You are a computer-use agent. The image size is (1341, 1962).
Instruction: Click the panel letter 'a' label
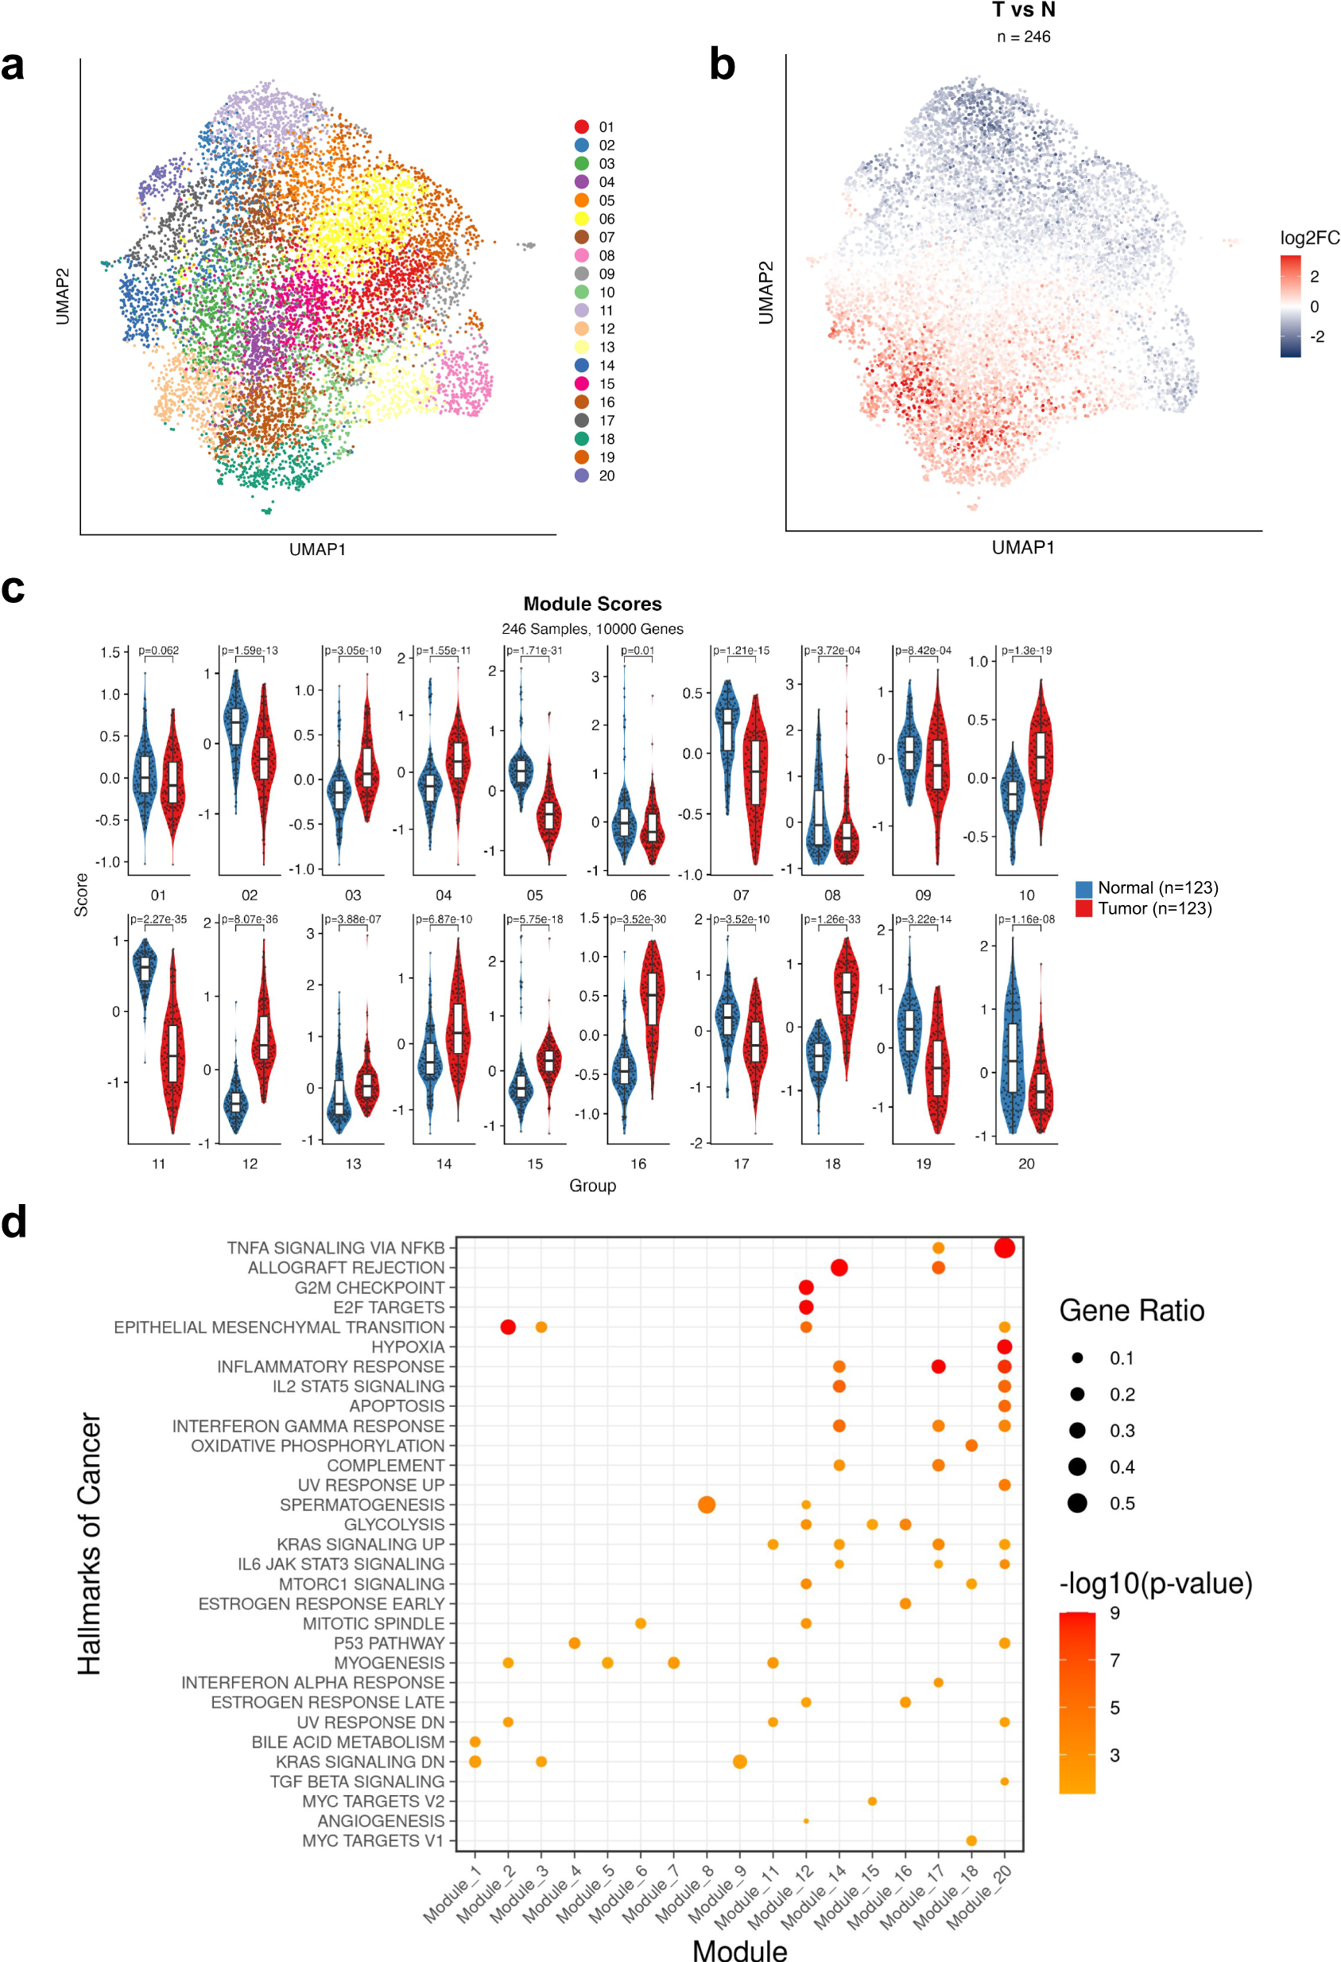13,66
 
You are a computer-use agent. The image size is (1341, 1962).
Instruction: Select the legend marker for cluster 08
581,255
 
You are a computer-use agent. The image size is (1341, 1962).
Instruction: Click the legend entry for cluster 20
595,476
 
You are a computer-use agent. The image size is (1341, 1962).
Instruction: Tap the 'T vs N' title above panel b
1023,10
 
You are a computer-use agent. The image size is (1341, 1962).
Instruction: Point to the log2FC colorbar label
1309,238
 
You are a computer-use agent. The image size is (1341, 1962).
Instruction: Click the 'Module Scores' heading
591,604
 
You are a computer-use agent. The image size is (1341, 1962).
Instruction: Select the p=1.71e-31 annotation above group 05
534,650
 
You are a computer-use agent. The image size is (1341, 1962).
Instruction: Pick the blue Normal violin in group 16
625,1068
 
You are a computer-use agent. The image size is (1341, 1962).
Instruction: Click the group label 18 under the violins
832,1164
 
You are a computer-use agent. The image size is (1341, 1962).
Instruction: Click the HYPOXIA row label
408,1346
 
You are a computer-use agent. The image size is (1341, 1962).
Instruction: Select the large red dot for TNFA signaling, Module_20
1003,1248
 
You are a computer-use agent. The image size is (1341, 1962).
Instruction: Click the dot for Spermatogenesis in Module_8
707,1505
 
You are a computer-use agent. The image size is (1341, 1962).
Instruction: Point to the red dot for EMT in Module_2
508,1327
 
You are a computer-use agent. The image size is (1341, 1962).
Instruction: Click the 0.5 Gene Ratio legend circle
1077,1503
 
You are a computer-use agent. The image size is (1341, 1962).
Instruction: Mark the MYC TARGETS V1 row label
372,1840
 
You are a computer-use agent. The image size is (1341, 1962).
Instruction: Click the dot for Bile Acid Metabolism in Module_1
475,1742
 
